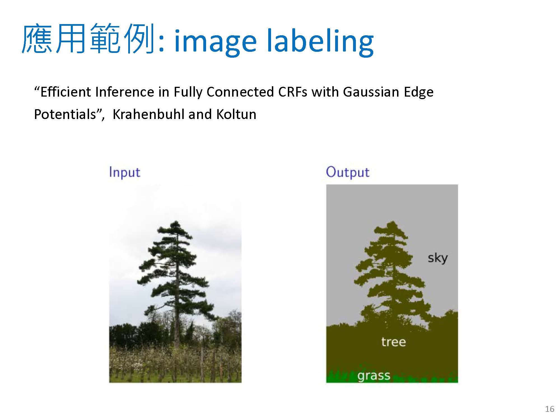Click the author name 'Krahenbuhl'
click(148, 114)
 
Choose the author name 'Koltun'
click(236, 114)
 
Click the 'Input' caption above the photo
click(125, 172)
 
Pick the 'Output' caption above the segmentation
click(348, 172)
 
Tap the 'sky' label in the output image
click(438, 258)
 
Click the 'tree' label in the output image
click(393, 342)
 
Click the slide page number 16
click(550, 409)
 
